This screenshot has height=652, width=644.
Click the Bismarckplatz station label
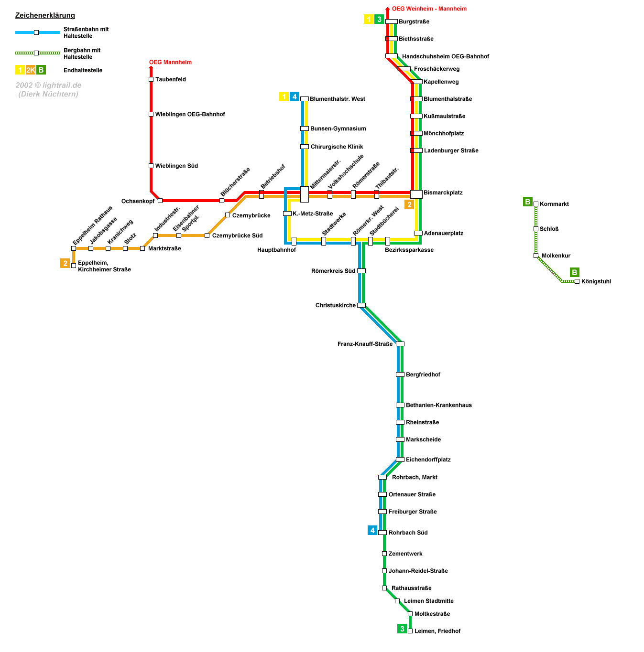(x=443, y=192)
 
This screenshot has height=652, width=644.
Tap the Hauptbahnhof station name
(x=276, y=250)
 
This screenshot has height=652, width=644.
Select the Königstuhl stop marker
(x=577, y=281)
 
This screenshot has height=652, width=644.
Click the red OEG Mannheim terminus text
(x=170, y=62)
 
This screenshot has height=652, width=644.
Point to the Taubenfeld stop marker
(x=151, y=79)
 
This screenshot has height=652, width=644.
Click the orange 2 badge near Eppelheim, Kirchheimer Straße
(x=65, y=263)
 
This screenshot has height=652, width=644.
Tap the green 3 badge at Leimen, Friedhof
(x=402, y=629)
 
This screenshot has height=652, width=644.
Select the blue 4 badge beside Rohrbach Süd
(x=372, y=530)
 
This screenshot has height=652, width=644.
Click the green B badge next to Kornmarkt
(x=527, y=202)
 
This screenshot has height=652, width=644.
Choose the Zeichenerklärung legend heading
(x=45, y=15)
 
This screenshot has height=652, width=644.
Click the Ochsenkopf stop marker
(x=160, y=201)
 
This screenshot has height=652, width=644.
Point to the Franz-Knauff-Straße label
(x=365, y=344)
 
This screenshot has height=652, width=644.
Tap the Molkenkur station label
(x=556, y=256)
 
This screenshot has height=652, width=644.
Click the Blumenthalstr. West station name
(x=337, y=99)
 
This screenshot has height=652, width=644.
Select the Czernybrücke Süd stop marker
(x=207, y=235)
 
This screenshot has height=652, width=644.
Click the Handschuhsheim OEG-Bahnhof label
(x=445, y=56)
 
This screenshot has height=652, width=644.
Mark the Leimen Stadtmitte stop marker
(x=397, y=601)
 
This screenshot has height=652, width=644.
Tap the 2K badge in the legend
(x=31, y=70)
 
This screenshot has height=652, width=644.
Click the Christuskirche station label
(x=336, y=305)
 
